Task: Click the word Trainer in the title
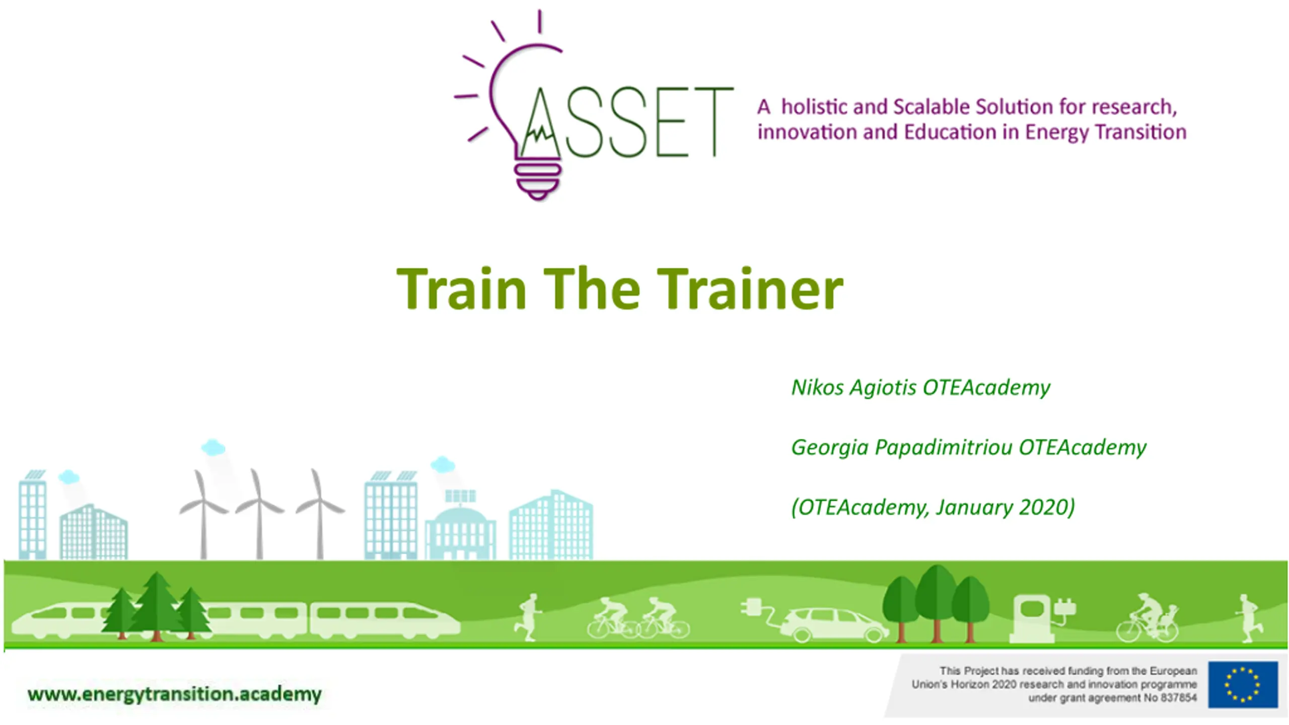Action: pyautogui.click(x=750, y=289)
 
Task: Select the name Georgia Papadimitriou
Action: pyautogui.click(x=902, y=448)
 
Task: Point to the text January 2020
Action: pyautogui.click(x=1002, y=507)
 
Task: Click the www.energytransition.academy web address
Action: pyautogui.click(x=175, y=694)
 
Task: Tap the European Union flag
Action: pyautogui.click(x=1243, y=685)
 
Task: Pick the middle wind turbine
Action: pyautogui.click(x=259, y=514)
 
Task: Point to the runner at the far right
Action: pyautogui.click(x=1248, y=618)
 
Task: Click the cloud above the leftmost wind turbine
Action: pyautogui.click(x=213, y=447)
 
